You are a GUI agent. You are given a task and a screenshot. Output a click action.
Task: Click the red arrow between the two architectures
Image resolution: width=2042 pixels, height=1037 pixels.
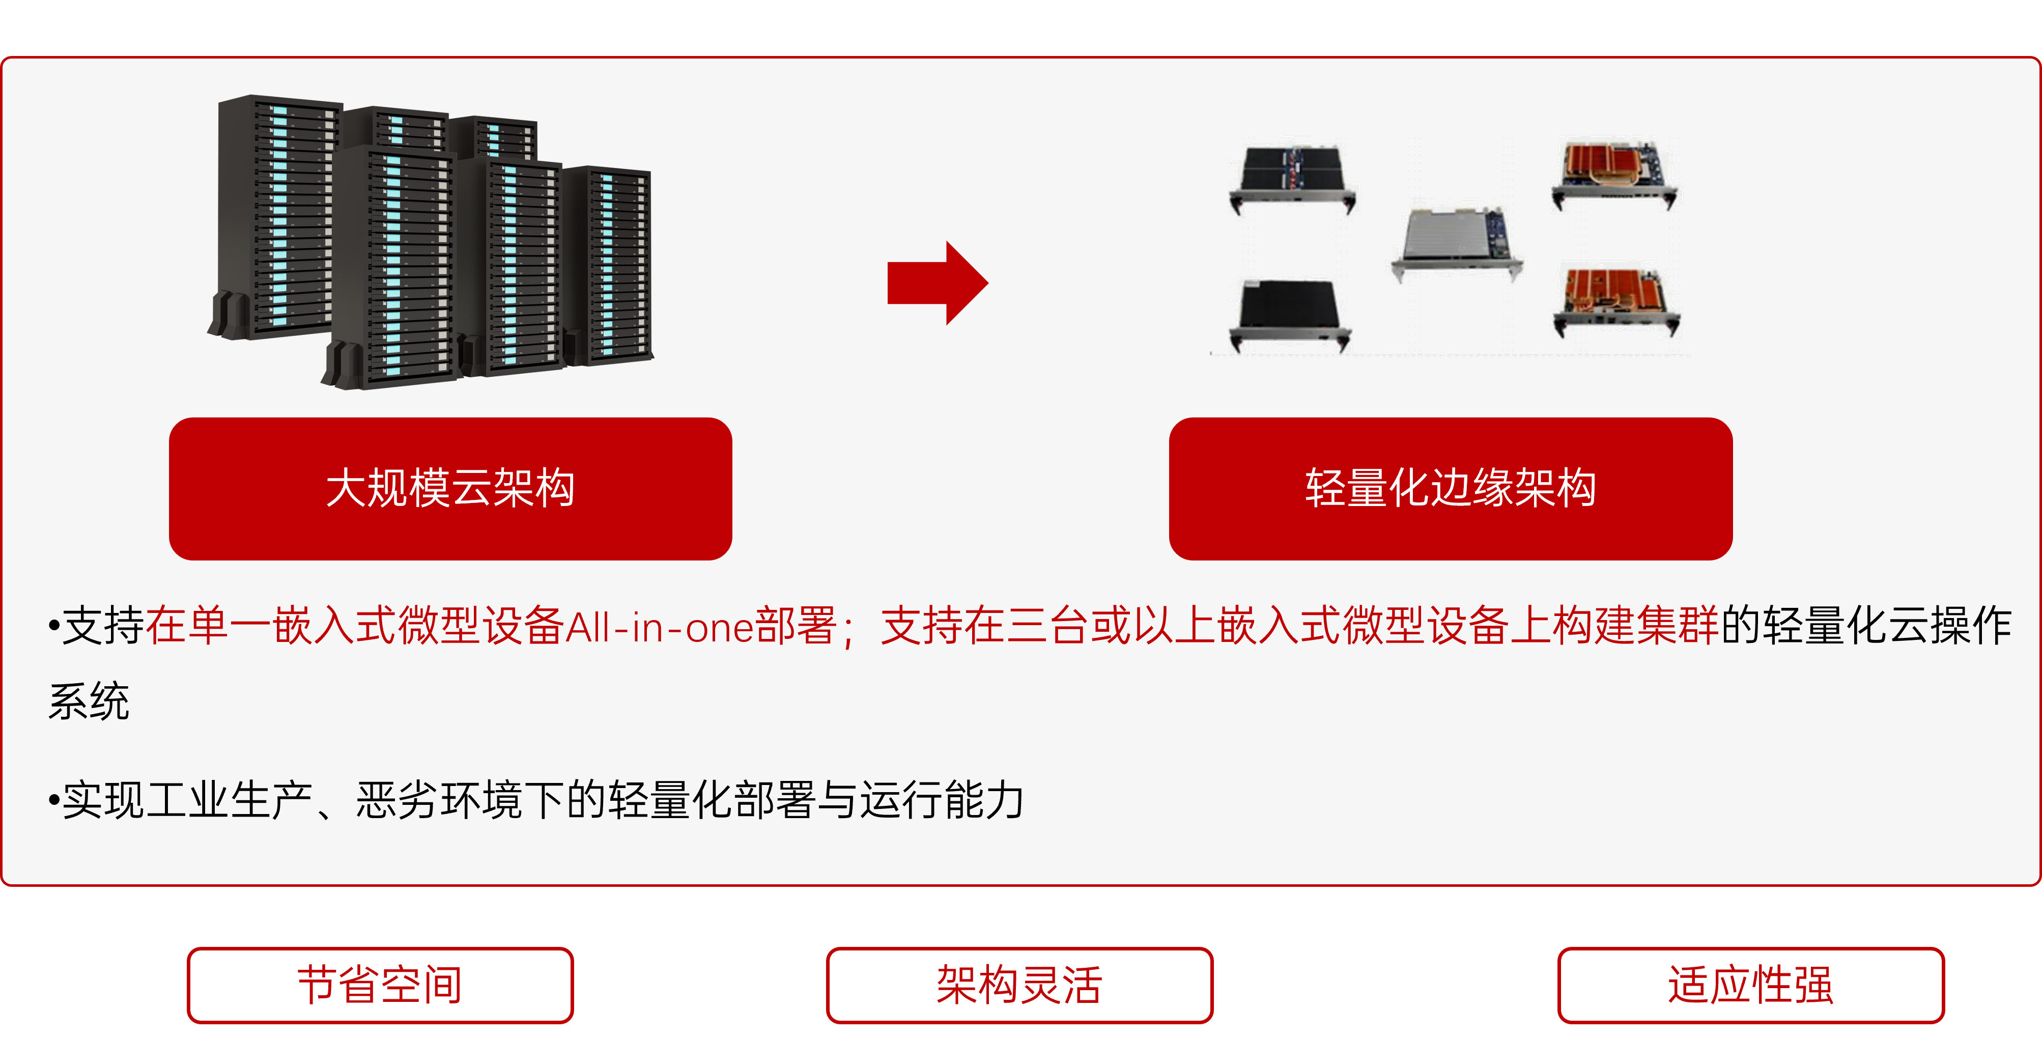938,283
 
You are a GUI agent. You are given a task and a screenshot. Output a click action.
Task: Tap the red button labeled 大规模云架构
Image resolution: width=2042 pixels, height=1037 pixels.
450,488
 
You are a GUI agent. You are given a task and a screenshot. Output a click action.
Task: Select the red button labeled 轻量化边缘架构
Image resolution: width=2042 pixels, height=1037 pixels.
1451,488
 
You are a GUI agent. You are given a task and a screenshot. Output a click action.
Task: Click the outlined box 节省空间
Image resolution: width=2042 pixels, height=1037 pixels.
380,985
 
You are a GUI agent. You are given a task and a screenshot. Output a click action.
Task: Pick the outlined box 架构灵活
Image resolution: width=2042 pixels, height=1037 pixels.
1019,985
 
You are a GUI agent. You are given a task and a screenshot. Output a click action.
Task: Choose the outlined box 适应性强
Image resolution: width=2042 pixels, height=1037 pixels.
1750,985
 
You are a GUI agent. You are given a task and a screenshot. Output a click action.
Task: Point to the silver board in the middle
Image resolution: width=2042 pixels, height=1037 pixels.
1457,242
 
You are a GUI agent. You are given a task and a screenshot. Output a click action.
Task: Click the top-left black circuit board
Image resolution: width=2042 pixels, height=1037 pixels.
1292,178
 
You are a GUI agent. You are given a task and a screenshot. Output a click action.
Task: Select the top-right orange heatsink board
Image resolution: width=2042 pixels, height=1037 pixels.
1614,175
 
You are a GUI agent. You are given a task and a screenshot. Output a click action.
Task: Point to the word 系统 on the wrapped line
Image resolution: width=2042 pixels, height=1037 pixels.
89,701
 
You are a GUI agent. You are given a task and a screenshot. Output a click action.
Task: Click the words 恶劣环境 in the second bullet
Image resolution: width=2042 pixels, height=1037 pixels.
439,800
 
